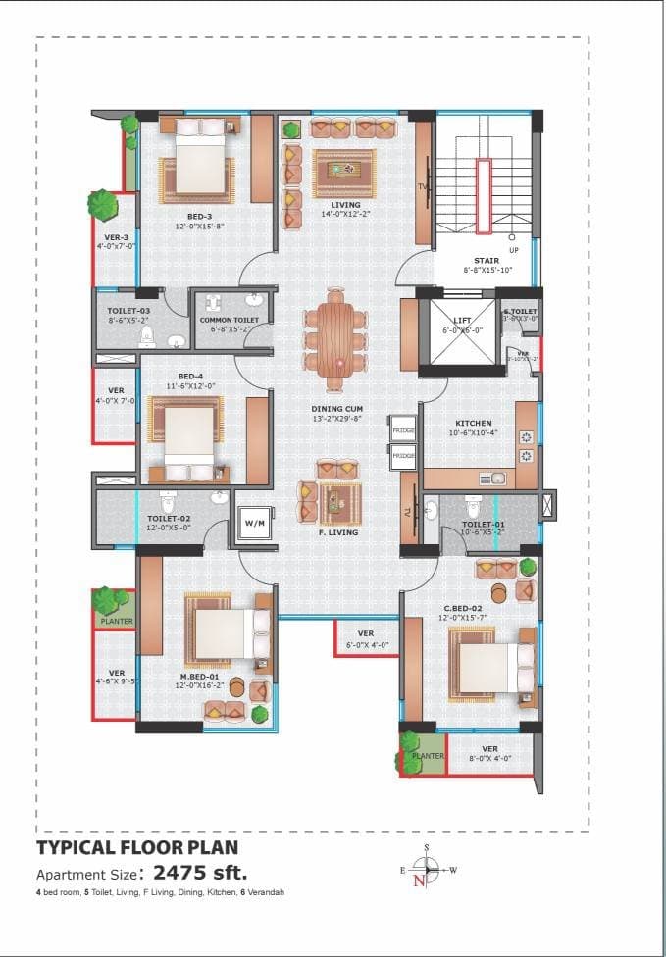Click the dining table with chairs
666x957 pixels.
(x=335, y=336)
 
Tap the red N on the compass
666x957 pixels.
(x=420, y=881)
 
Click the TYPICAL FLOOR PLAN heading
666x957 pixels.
(x=136, y=846)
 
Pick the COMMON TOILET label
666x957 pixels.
(x=229, y=320)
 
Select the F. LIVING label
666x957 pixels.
(x=338, y=532)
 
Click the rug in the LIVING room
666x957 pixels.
(x=343, y=172)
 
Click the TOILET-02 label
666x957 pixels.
(x=169, y=518)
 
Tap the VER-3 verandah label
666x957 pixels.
(x=117, y=236)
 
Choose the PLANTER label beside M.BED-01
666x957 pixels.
(x=115, y=620)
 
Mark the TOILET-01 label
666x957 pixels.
(x=483, y=525)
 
